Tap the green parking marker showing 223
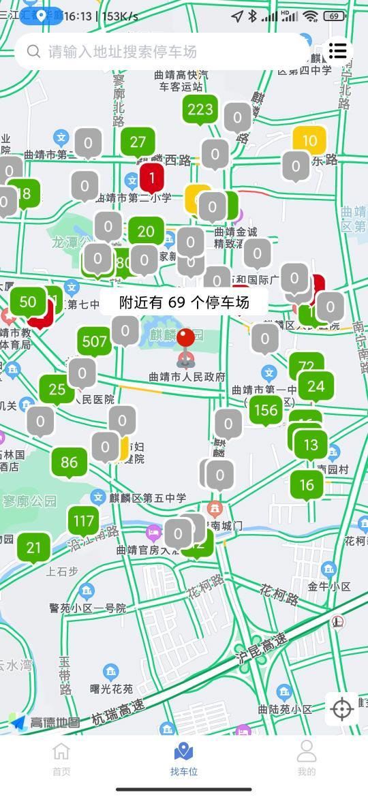click(x=200, y=110)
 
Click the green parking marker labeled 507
click(x=95, y=342)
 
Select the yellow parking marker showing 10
click(x=309, y=142)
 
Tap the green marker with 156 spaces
click(x=265, y=410)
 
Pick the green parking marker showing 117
click(x=83, y=522)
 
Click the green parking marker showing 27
click(x=138, y=142)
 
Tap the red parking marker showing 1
click(x=152, y=178)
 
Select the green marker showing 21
click(x=33, y=547)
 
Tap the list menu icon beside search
click(x=338, y=50)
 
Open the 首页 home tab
click(x=61, y=759)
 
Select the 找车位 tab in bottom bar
click(x=184, y=759)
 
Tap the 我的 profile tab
click(x=307, y=759)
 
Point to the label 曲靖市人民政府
click(x=187, y=377)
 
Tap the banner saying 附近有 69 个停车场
click(x=184, y=302)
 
